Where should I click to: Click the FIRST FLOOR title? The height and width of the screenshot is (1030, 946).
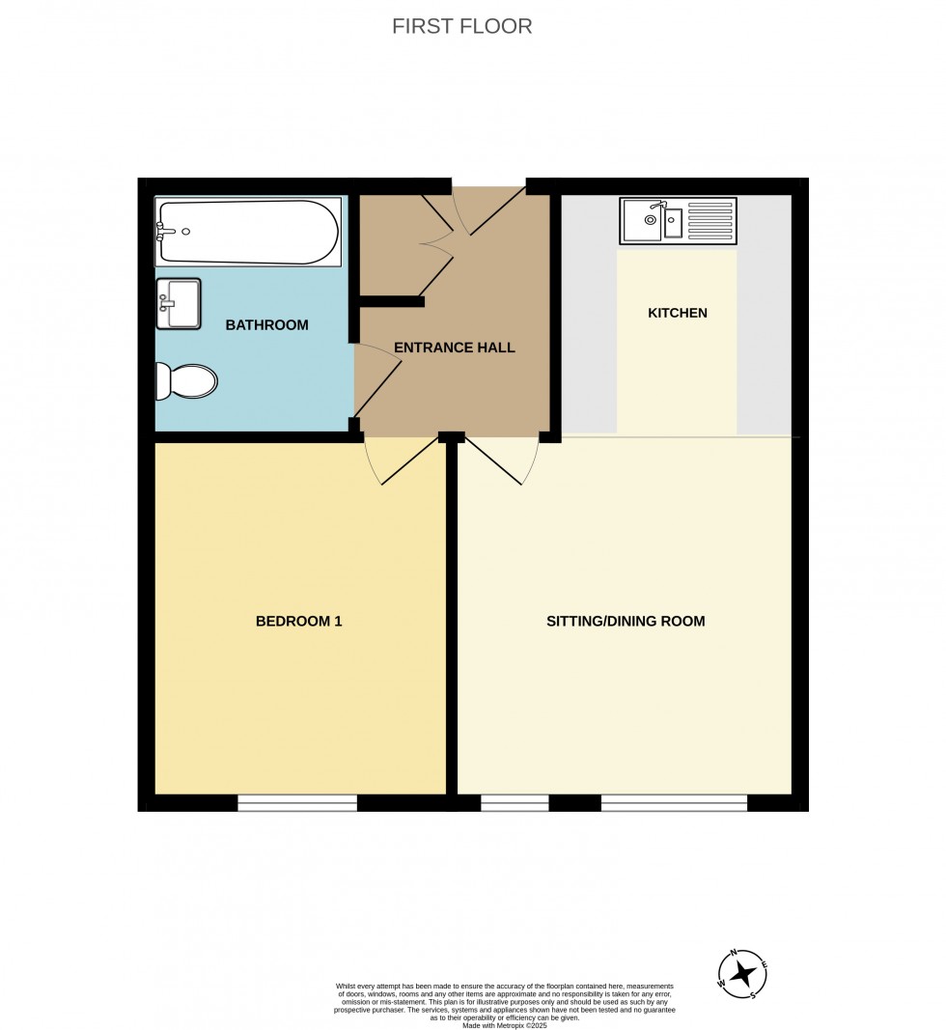tap(461, 26)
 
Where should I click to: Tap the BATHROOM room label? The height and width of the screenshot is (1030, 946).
tap(266, 324)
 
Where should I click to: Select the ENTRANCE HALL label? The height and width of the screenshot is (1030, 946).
tap(454, 348)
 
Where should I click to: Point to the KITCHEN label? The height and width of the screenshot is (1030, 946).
tap(678, 313)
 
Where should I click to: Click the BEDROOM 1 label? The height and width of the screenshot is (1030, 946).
tap(299, 621)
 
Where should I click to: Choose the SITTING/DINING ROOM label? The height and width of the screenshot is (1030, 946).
tap(626, 621)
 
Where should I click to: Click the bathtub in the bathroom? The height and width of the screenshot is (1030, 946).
tap(248, 232)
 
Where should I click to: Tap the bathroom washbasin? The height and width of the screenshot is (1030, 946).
tap(178, 303)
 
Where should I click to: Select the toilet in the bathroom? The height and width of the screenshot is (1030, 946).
tap(186, 381)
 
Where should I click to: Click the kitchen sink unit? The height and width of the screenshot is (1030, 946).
tap(678, 221)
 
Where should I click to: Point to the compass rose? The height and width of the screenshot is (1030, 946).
tap(742, 974)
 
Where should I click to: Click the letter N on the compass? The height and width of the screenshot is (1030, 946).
tap(734, 953)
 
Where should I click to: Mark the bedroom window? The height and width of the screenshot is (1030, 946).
tap(297, 803)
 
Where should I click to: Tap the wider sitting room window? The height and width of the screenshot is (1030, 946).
tap(674, 803)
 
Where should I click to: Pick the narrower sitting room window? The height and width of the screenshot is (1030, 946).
tap(515, 803)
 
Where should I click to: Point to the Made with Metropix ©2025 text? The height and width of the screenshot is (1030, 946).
tap(505, 1025)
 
